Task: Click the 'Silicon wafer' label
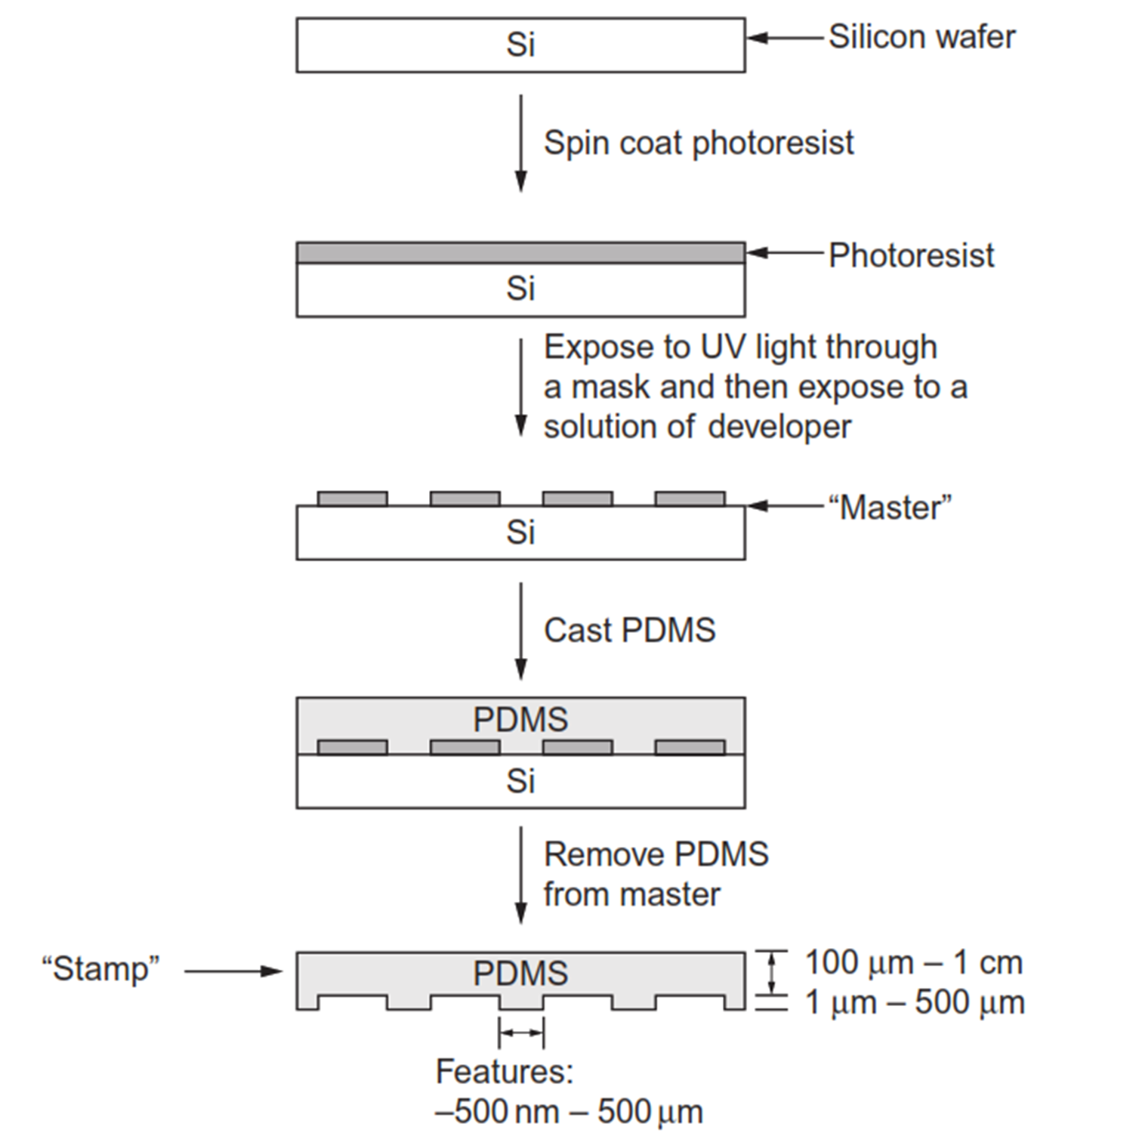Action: tap(921, 37)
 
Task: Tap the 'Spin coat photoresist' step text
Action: tap(699, 144)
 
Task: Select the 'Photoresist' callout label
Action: tap(911, 255)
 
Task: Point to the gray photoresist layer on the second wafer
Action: tap(520, 252)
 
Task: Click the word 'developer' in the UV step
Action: tap(779, 427)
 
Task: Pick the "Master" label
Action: tap(890, 508)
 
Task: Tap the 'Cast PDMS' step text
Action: tap(629, 631)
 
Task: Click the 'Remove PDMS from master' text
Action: tap(656, 875)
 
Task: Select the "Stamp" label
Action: tap(100, 969)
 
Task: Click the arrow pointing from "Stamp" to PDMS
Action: tap(233, 971)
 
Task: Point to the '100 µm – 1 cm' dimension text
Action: tap(913, 963)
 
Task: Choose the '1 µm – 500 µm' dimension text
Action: tap(915, 1003)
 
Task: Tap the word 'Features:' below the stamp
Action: tap(505, 1072)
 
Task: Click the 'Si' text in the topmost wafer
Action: tap(520, 45)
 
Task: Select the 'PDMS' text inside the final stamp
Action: tap(520, 974)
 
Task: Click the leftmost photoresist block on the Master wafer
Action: tap(352, 499)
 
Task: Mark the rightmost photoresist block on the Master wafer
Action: tap(690, 499)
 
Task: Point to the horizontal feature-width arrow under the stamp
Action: tap(521, 1033)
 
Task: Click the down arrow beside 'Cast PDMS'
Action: tap(520, 631)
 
